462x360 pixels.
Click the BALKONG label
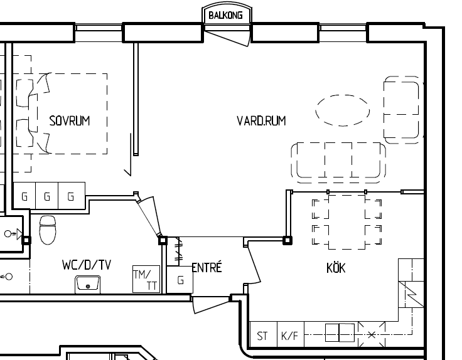click(225, 15)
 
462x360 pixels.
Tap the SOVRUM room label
click(70, 121)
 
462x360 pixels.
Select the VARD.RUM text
click(261, 121)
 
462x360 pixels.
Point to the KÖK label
click(336, 268)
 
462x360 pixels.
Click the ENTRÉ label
click(207, 267)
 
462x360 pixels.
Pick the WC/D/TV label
click(87, 265)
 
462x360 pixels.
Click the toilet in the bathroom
click(48, 230)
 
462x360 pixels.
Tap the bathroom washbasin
click(87, 284)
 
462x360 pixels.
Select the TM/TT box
click(146, 279)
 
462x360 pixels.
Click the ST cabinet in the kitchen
click(263, 335)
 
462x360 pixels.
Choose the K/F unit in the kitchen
click(291, 335)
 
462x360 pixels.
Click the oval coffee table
click(343, 110)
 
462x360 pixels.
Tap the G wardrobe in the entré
click(180, 280)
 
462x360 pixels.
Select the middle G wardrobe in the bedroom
click(47, 196)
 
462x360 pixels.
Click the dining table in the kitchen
click(346, 222)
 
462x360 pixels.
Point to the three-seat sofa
click(338, 162)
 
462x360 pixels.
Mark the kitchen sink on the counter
click(340, 332)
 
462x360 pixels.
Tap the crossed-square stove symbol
click(372, 334)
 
